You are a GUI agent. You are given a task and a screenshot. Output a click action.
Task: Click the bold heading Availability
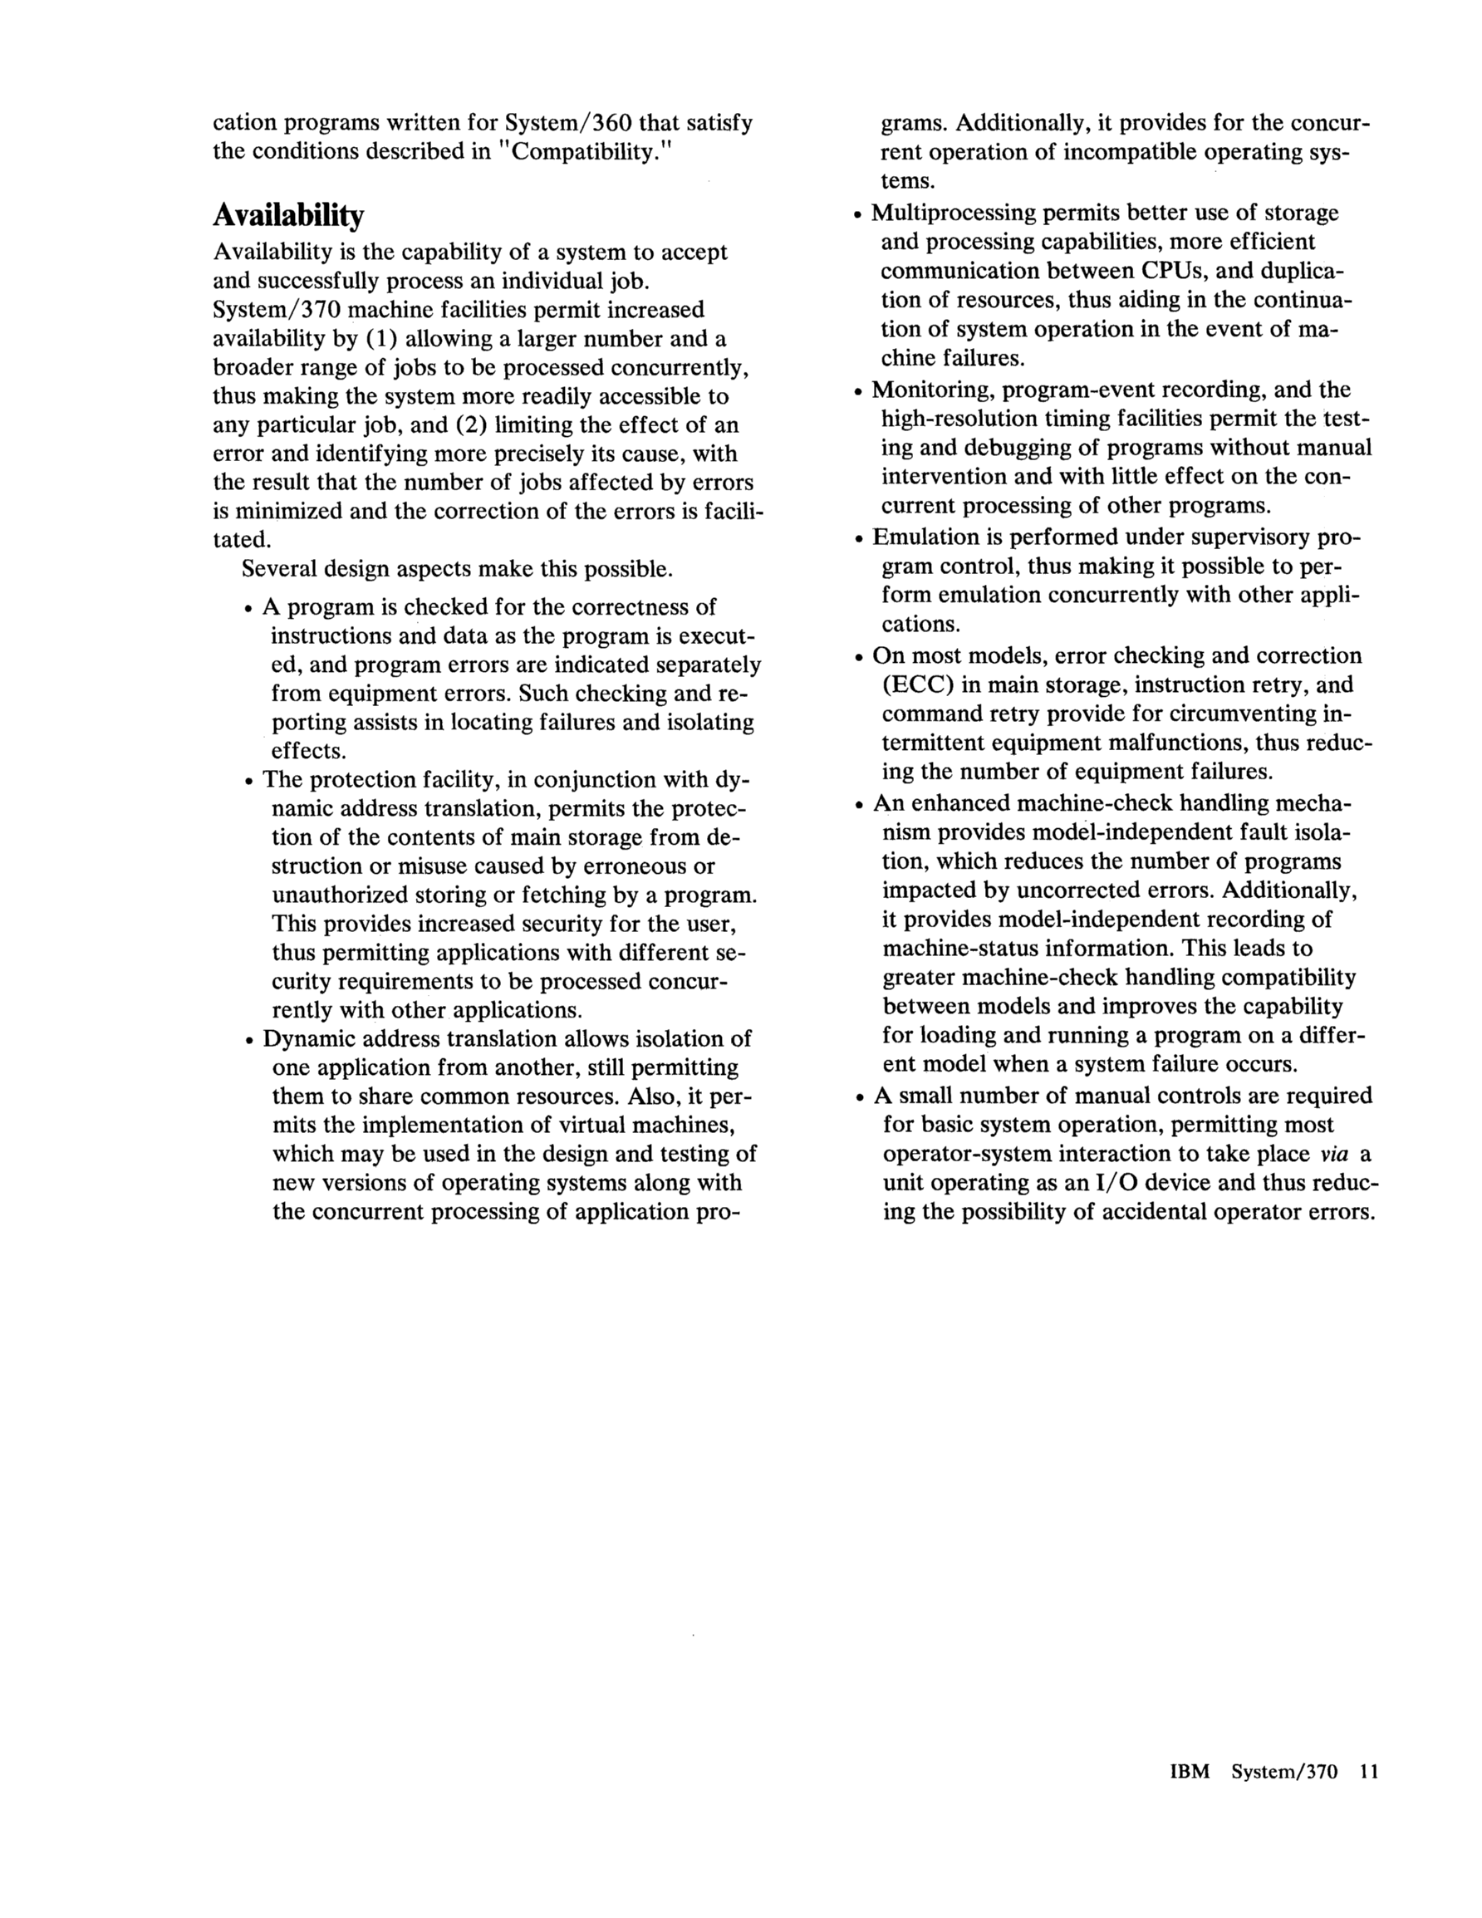click(288, 216)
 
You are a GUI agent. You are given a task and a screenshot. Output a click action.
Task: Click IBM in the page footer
click(1190, 1772)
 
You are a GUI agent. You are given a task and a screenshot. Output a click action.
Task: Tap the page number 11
click(1369, 1772)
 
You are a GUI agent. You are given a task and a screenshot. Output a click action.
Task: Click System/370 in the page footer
click(1283, 1772)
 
